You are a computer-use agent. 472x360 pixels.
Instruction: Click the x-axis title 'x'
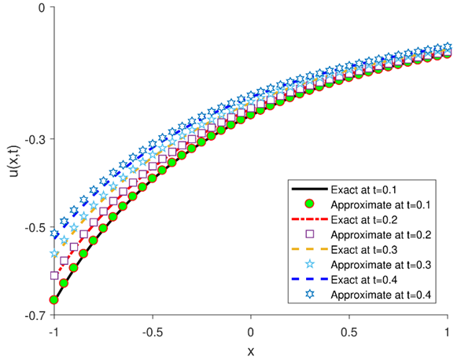(x=251, y=350)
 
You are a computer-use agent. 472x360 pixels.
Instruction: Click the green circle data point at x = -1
(x=53, y=300)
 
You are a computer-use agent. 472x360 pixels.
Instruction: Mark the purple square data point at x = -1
(x=54, y=275)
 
